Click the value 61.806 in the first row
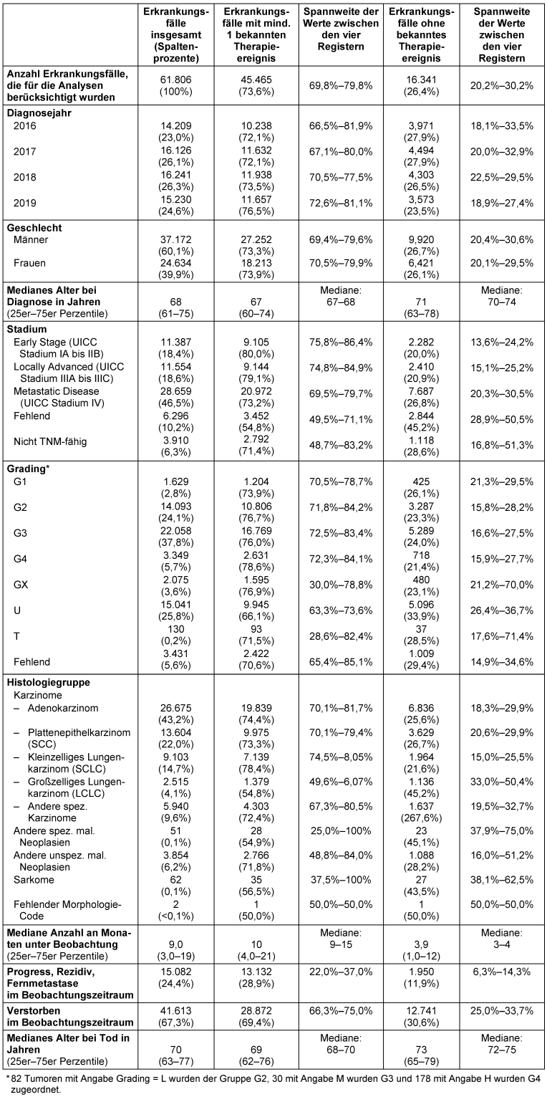pyautogui.click(x=175, y=80)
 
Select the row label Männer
pyautogui.click(x=31, y=239)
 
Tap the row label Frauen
pyautogui.click(x=29, y=263)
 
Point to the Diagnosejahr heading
pyautogui.click(x=39, y=113)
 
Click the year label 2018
pyautogui.click(x=24, y=177)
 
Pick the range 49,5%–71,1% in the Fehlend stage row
pyautogui.click(x=341, y=419)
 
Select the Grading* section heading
pyautogui.click(x=29, y=469)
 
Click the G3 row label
pyautogui.click(x=20, y=533)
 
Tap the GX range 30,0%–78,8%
pyautogui.click(x=341, y=585)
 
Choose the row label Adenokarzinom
pyautogui.click(x=63, y=708)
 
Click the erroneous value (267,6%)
pyautogui.click(x=421, y=818)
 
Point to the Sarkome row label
pyautogui.click(x=34, y=880)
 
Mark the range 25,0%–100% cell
pyautogui.click(x=341, y=830)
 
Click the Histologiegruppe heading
pyautogui.click(x=49, y=682)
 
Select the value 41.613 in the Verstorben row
pyautogui.click(x=175, y=1011)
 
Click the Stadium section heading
pyautogui.click(x=27, y=329)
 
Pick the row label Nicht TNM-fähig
pyautogui.click(x=50, y=441)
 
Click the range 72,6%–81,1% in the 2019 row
pyautogui.click(x=341, y=203)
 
